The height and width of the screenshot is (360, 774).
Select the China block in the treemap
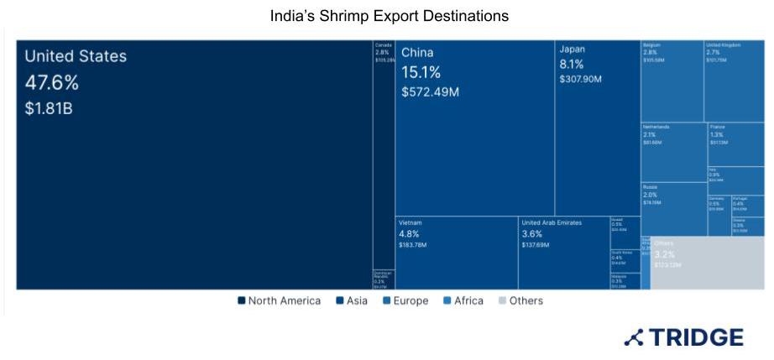[x=474, y=126]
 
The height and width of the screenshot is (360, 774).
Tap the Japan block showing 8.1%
[x=597, y=126]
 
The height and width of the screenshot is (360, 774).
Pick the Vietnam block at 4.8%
[x=456, y=253]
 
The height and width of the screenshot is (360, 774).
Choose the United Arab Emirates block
[x=563, y=253]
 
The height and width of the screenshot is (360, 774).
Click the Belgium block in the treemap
[x=672, y=81]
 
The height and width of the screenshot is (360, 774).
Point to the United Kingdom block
[x=735, y=81]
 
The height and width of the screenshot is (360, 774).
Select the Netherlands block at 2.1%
[x=673, y=151]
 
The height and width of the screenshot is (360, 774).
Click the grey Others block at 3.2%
[x=707, y=263]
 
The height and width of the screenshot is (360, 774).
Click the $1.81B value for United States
[x=49, y=107]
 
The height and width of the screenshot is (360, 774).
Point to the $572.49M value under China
[x=431, y=91]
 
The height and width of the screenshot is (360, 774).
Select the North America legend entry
[x=279, y=300]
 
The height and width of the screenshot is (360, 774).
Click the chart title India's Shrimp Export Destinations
[x=389, y=16]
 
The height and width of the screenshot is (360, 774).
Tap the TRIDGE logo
[x=683, y=337]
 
